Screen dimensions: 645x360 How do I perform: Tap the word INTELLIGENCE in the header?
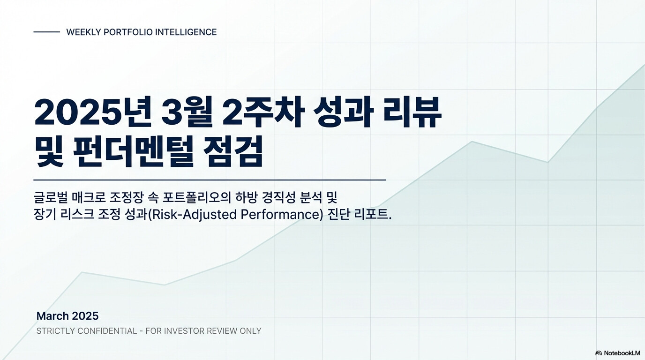186,32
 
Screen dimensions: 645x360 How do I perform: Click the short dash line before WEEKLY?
47,32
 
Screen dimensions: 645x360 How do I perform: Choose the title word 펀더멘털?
133,151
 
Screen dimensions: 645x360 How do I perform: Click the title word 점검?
233,151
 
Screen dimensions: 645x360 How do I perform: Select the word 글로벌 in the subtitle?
51,197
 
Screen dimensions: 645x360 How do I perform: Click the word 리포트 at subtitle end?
372,215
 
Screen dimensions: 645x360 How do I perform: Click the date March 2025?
67,316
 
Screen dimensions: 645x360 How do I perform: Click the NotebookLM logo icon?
598,353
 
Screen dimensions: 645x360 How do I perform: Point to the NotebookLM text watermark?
622,353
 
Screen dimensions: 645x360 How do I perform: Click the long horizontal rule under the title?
210,180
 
